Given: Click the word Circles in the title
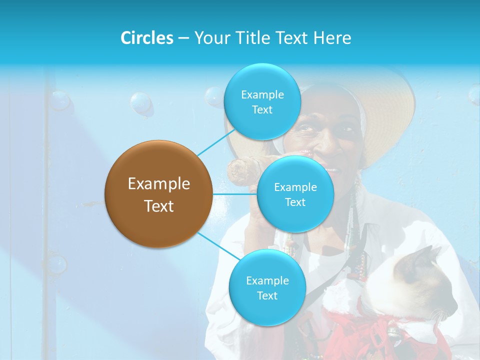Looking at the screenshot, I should point(146,38).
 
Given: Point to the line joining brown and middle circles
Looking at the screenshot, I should point(235,194).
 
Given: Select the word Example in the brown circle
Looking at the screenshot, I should point(158,184).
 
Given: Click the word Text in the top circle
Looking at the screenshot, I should point(262,110).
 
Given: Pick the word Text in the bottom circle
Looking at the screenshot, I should point(267,296).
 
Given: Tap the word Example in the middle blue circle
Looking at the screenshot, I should point(295,187).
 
